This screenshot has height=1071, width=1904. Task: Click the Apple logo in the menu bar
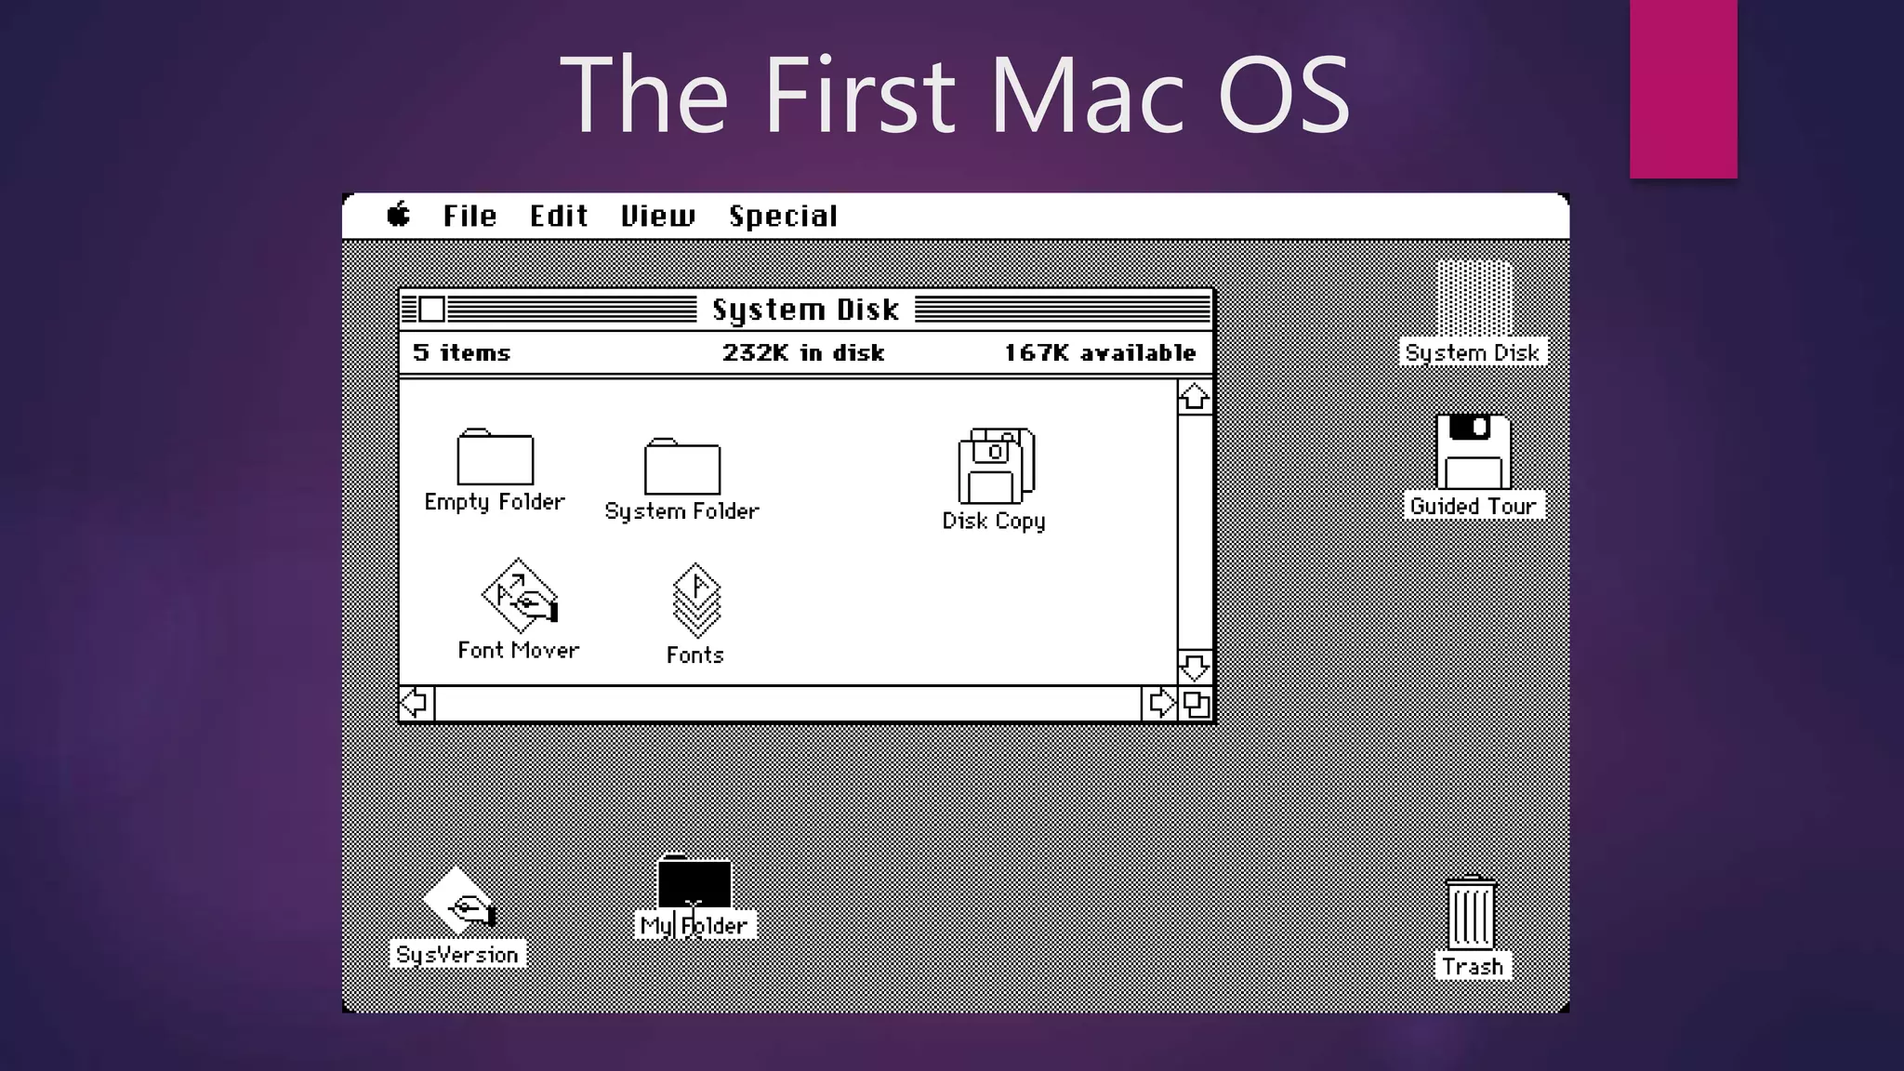[x=399, y=215]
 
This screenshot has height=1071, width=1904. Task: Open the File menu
[x=469, y=216]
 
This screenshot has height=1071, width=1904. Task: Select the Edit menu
[x=559, y=216]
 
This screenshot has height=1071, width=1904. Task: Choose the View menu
[x=657, y=216]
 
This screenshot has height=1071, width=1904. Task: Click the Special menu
[x=783, y=216]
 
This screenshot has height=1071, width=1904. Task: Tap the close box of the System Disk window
[x=431, y=309]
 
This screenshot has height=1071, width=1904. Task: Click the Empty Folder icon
[x=495, y=456]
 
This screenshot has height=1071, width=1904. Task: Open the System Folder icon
[x=682, y=466]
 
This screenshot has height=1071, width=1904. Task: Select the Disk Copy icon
[x=996, y=466]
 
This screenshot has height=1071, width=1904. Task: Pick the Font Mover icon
[x=519, y=595]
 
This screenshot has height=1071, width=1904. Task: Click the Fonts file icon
[x=695, y=601]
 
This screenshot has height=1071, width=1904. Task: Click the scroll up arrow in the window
[x=1195, y=397]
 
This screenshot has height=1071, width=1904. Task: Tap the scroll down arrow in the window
[x=1195, y=667]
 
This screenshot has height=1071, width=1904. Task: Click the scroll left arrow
[x=416, y=703]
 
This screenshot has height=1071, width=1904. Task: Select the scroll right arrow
[x=1160, y=703]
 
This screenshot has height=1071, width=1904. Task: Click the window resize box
[x=1197, y=704]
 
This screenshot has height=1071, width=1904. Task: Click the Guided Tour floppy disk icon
[x=1473, y=452]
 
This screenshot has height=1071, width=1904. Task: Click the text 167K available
[x=1100, y=353]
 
